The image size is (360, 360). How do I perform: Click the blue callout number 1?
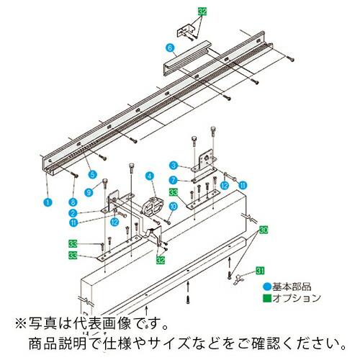coord(47,203)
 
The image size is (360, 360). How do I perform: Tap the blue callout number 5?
coord(91,174)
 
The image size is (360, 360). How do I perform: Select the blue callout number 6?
coord(170,48)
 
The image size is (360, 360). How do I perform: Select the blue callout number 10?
coord(173,207)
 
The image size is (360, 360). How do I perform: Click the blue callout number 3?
coord(174,166)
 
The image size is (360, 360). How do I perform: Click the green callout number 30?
coord(263,229)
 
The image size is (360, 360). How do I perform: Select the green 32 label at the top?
coord(202,12)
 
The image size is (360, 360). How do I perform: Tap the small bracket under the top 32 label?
coord(189,31)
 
